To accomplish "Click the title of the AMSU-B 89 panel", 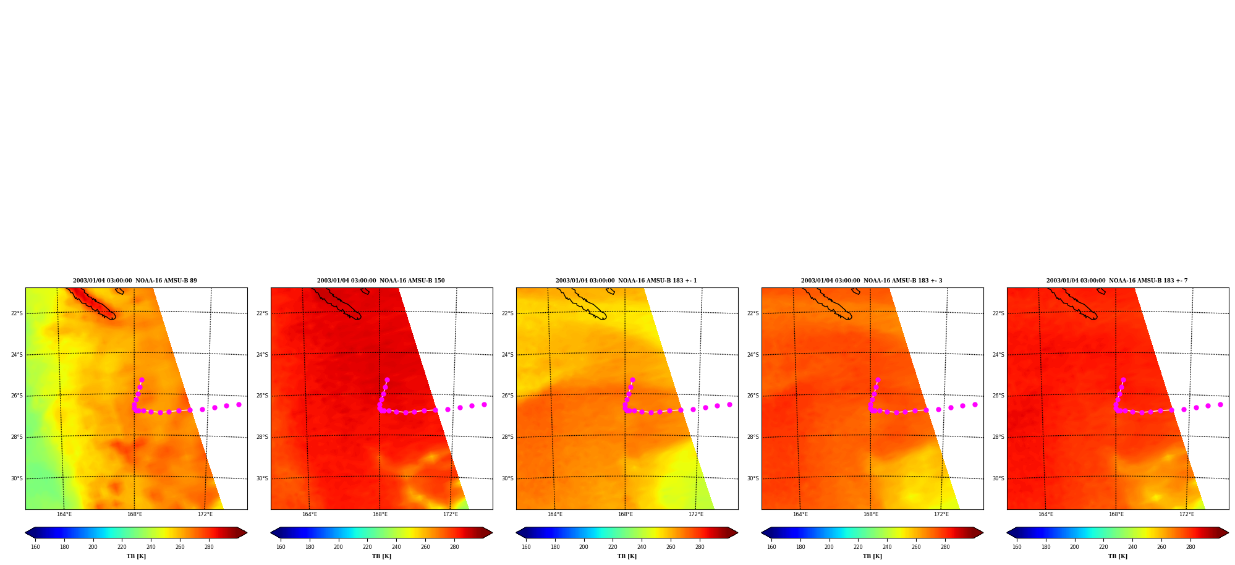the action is point(135,281).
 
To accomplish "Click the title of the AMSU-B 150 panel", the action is point(381,281).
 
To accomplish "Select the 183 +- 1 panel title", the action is point(626,281).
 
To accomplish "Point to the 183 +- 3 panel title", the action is point(872,281).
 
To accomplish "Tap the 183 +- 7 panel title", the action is point(1117,281).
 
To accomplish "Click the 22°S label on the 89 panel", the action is point(17,313).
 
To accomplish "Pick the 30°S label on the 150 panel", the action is point(262,478).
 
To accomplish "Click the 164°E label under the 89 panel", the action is point(64,514).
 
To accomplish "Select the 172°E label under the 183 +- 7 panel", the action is point(1187,514).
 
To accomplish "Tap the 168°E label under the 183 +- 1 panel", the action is point(626,514).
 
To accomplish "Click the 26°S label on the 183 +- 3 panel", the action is point(753,396).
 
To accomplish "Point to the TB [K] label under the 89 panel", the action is point(136,556).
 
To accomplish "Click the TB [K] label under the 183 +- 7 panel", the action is point(1118,556).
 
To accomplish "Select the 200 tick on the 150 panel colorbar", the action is point(338,547).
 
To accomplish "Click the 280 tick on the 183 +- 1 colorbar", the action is point(700,547).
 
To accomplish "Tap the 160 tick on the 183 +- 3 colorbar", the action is point(771,547).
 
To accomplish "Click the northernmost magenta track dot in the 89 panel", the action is point(142,380).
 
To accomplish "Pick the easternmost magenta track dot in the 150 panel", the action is point(484,404).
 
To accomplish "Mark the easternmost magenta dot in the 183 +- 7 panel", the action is point(1220,404).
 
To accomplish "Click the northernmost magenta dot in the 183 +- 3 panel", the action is point(878,380).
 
